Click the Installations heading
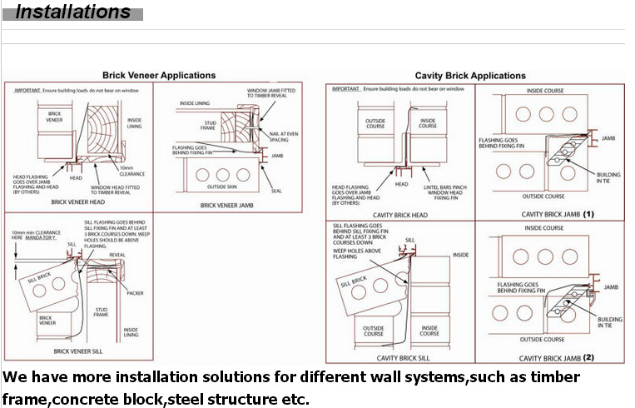pos(73,12)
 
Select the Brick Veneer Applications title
pos(158,76)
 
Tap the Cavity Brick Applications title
pos(469,76)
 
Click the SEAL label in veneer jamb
pos(276,191)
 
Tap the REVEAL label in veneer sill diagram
pos(117,256)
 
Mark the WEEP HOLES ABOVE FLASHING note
pos(357,253)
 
